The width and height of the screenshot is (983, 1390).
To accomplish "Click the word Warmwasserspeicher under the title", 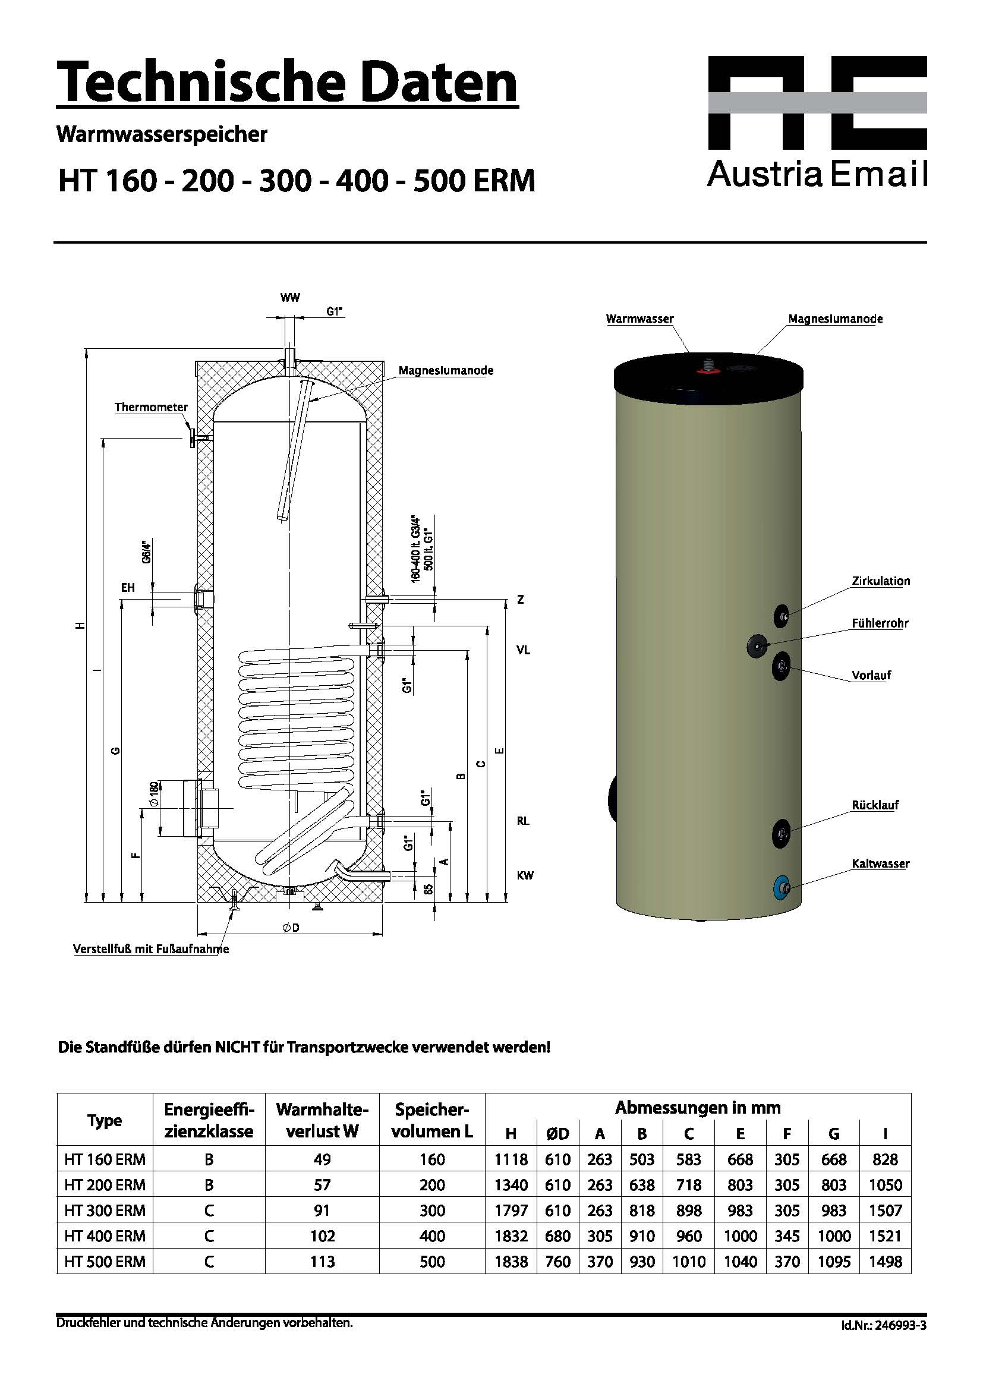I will [162, 134].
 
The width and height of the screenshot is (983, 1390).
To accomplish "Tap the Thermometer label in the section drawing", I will [152, 408].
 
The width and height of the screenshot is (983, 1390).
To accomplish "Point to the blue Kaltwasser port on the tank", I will [782, 887].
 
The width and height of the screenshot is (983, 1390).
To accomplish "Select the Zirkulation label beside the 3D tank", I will [881, 581].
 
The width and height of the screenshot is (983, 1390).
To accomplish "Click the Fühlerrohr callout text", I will [880, 623].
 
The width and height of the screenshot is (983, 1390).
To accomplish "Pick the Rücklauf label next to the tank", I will [875, 805].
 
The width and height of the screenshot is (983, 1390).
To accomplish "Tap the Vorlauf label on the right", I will [872, 675].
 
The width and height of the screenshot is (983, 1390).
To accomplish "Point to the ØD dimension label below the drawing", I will [291, 928].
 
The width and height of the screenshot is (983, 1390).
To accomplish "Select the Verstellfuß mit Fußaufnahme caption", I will [152, 948].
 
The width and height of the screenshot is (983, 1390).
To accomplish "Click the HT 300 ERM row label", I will [105, 1210].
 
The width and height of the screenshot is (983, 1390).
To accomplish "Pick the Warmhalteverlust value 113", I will [322, 1261].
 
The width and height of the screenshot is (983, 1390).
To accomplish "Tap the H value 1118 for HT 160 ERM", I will [511, 1159].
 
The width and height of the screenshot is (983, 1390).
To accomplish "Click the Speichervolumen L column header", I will [431, 1120].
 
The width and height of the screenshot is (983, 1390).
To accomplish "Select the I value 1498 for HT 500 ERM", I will [885, 1261].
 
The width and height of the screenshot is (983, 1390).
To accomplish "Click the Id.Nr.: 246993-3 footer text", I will [883, 1326].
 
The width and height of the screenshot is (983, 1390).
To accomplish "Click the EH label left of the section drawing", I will [128, 588].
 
